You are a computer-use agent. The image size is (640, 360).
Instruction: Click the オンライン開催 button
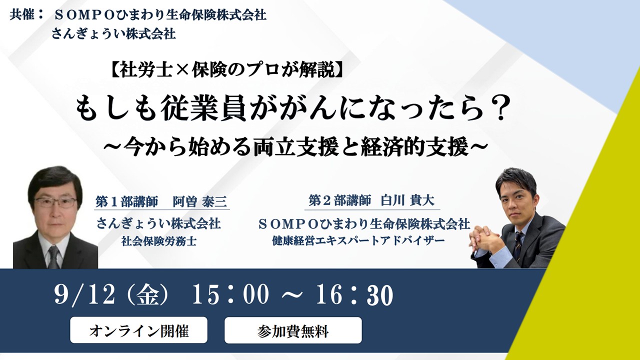click(x=138, y=330)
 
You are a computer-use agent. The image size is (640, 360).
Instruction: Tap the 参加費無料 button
click(x=293, y=330)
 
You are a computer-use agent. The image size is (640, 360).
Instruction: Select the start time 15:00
click(x=230, y=295)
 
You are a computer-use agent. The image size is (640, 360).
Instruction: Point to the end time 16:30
click(x=354, y=295)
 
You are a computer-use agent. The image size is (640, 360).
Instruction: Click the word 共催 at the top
click(x=22, y=15)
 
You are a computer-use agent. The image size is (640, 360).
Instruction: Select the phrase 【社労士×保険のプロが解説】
click(x=226, y=70)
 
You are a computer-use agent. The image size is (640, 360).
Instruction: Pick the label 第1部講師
click(x=126, y=202)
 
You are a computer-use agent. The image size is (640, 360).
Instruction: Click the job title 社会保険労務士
click(x=159, y=241)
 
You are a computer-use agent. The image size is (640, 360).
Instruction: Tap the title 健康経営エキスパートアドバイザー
click(x=358, y=241)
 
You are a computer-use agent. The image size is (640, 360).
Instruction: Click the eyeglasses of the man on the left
click(x=55, y=202)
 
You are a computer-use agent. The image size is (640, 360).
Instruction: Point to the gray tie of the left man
click(x=53, y=256)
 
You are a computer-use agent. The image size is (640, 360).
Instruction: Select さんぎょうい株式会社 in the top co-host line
click(x=113, y=34)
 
